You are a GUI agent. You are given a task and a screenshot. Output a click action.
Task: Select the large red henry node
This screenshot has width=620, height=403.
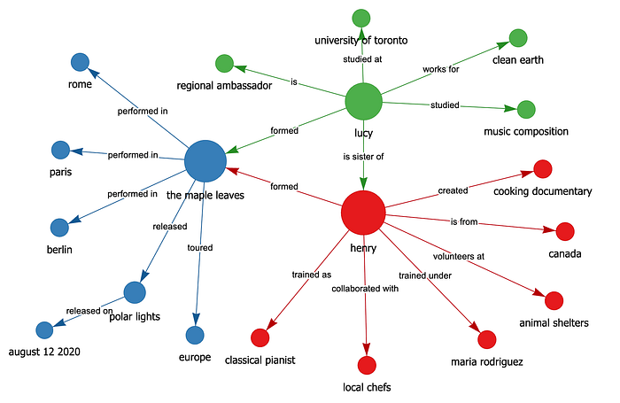tap(363, 214)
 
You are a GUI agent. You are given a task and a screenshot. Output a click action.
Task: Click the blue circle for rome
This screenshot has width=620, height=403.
tap(80, 62)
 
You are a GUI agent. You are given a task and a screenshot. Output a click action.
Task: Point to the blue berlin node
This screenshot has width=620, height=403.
tap(59, 228)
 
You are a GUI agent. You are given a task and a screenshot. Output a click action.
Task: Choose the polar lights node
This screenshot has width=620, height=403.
tap(135, 291)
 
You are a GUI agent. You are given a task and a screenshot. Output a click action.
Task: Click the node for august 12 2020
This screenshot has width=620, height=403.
tap(44, 330)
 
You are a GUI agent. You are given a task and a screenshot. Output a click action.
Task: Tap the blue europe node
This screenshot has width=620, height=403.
tap(195, 335)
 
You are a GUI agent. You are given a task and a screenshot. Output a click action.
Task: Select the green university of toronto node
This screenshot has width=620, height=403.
tap(360, 18)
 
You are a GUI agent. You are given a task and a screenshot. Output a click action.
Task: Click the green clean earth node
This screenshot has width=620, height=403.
tap(518, 38)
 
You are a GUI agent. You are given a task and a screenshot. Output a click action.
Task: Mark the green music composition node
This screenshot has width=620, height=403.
tap(526, 110)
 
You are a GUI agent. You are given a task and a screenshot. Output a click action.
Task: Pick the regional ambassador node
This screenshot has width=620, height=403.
tap(224, 64)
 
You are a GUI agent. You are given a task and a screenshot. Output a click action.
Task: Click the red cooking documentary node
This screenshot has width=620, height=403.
tap(543, 169)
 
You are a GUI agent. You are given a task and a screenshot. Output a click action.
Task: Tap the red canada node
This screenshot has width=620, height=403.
tap(565, 232)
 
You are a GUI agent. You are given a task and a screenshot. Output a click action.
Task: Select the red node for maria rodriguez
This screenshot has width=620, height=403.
tap(486, 338)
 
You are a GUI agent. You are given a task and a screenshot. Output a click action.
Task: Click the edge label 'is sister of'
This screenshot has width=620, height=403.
tap(363, 158)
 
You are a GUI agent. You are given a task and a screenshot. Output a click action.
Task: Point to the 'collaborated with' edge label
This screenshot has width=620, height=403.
tap(365, 289)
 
